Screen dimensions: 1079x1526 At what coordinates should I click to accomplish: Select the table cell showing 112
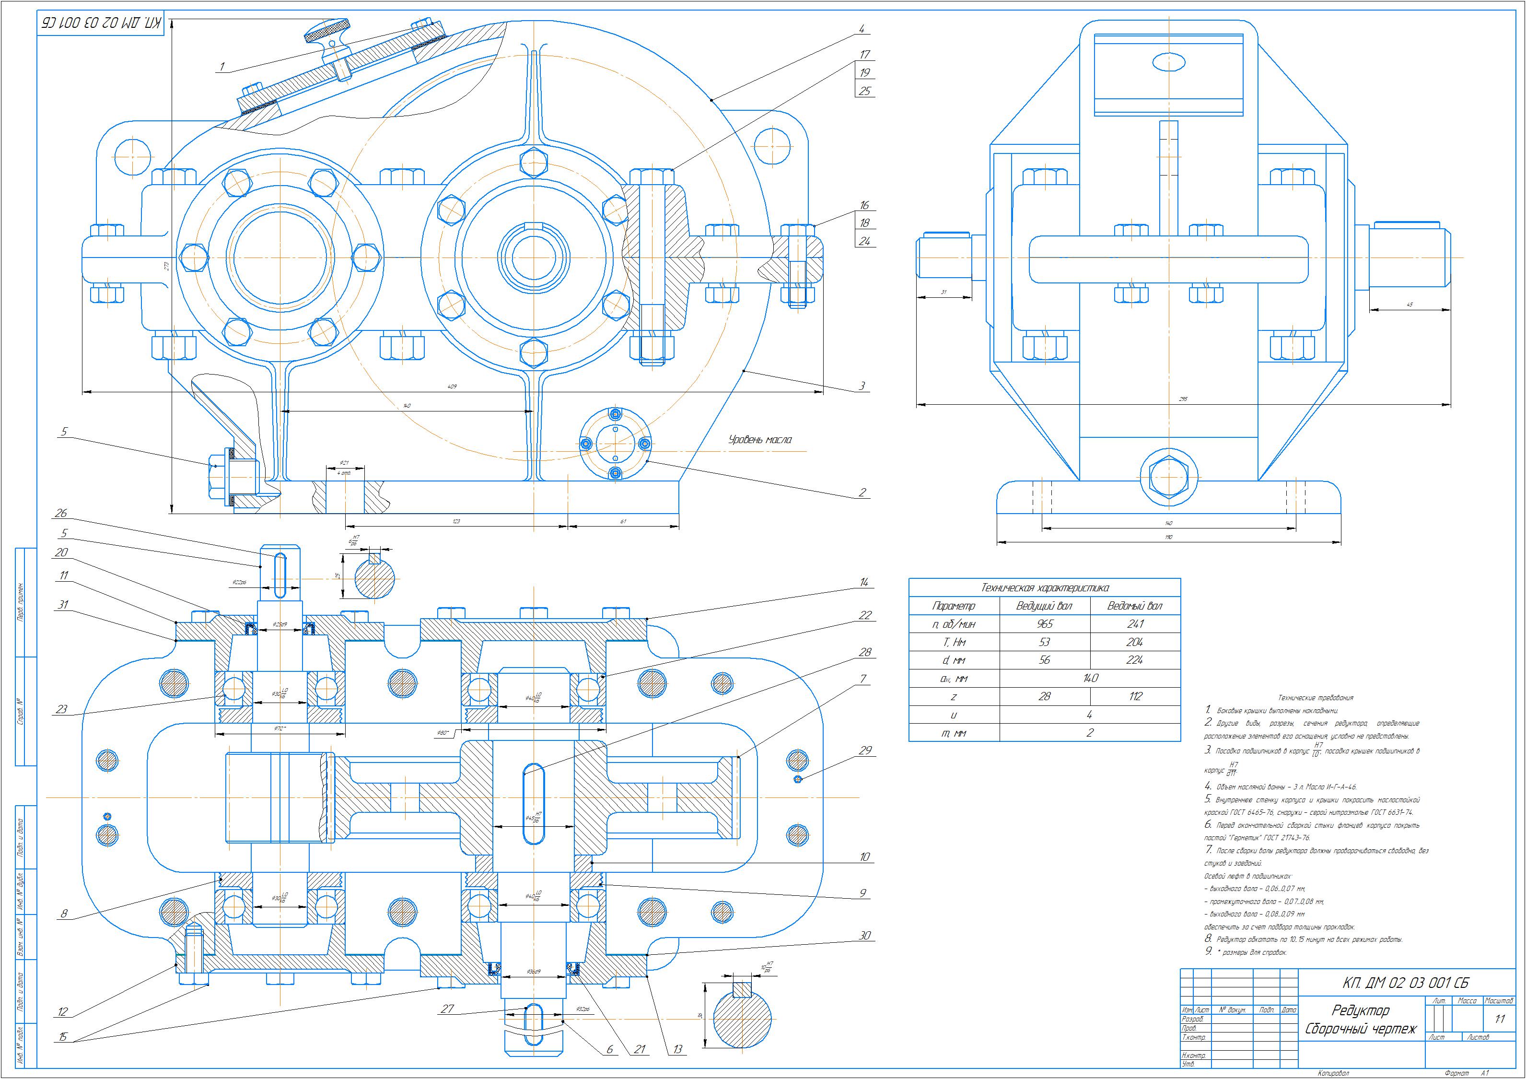coord(1134,696)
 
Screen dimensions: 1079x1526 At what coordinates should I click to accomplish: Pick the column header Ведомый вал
coord(1134,606)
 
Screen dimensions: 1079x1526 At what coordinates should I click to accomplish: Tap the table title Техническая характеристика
coord(1044,588)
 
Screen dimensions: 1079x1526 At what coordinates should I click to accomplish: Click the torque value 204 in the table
coord(1134,642)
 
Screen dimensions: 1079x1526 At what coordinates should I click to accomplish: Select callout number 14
coord(863,582)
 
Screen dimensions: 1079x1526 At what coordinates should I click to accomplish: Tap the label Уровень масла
coord(760,439)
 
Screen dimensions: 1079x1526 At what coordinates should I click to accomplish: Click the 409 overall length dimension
coord(452,386)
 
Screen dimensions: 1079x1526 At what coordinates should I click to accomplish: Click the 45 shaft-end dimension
coord(1410,305)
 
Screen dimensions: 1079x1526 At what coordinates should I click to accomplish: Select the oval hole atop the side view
coord(1168,62)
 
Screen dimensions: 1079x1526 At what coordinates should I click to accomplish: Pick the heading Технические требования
coord(1316,697)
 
